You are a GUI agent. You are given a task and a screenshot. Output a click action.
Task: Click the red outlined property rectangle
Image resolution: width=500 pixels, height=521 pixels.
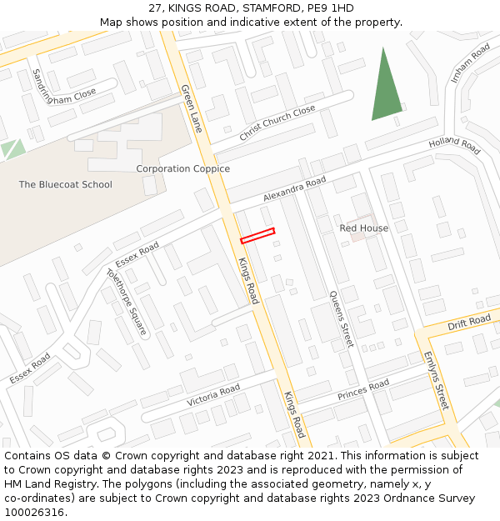tap(257, 236)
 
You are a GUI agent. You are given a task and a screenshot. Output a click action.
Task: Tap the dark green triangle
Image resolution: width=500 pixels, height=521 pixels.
tap(386, 90)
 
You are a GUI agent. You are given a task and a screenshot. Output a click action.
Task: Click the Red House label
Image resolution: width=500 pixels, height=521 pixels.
tap(364, 228)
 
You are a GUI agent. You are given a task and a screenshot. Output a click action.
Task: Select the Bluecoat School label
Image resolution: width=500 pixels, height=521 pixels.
tap(65, 184)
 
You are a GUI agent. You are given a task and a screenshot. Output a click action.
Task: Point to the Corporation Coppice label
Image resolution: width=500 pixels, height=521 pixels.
tap(182, 169)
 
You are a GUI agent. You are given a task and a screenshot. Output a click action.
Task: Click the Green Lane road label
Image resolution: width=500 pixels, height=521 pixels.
tap(192, 108)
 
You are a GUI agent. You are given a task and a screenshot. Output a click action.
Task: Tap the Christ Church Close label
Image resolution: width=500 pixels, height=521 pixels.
tap(277, 123)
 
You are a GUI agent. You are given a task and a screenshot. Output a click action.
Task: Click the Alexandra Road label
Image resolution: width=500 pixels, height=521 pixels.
tap(294, 189)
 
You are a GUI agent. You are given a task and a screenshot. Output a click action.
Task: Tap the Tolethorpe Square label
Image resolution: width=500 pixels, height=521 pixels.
tap(126, 301)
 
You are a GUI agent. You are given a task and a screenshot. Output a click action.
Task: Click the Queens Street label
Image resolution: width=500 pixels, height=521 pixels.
tap(341, 318)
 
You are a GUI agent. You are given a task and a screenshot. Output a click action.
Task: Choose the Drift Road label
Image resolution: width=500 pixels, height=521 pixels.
tap(469, 322)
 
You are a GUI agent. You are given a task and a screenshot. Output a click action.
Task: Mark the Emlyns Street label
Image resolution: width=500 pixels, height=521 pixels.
tap(436, 380)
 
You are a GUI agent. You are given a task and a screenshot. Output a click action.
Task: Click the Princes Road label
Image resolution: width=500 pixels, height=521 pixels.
tap(363, 389)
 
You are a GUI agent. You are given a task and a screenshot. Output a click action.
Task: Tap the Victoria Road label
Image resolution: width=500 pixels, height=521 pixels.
tap(213, 394)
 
